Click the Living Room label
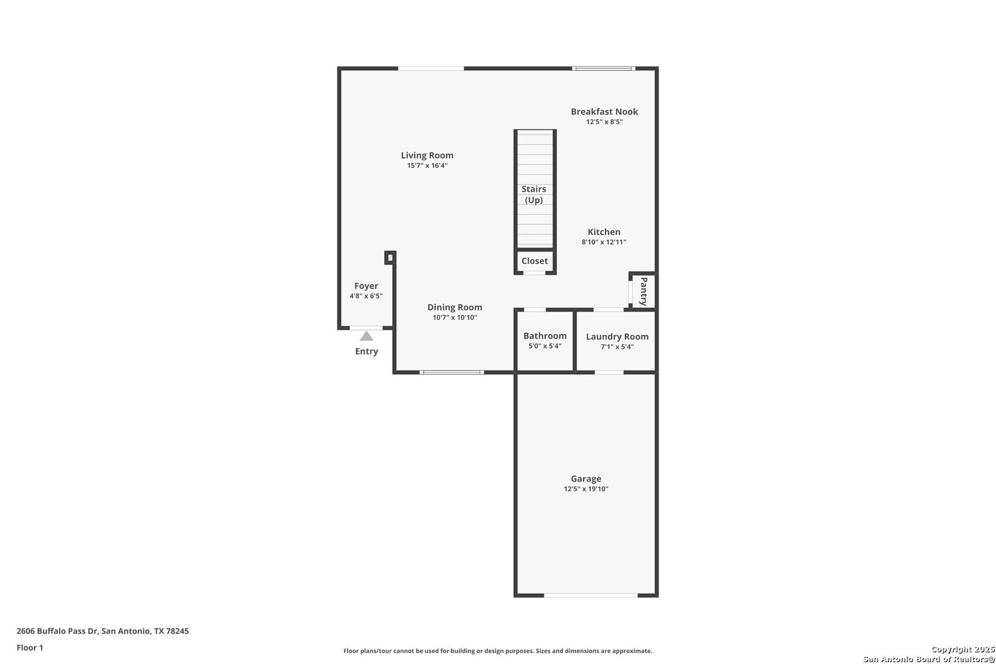[427, 155]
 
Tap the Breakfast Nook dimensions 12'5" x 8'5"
[604, 122]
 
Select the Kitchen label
[604, 232]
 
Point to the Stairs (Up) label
[534, 194]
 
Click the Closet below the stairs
[534, 261]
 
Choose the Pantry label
[643, 291]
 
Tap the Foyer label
[366, 286]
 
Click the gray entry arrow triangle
[366, 336]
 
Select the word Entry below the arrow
[366, 351]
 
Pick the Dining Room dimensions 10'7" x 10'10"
[455, 317]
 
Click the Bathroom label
[545, 336]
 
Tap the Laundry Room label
[617, 337]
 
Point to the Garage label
[586, 478]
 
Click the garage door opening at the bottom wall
[590, 595]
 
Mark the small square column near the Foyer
[390, 257]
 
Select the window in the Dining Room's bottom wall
[451, 372]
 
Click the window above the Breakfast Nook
[603, 68]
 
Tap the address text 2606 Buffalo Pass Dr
[57, 631]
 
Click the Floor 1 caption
[30, 647]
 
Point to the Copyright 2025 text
[963, 649]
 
